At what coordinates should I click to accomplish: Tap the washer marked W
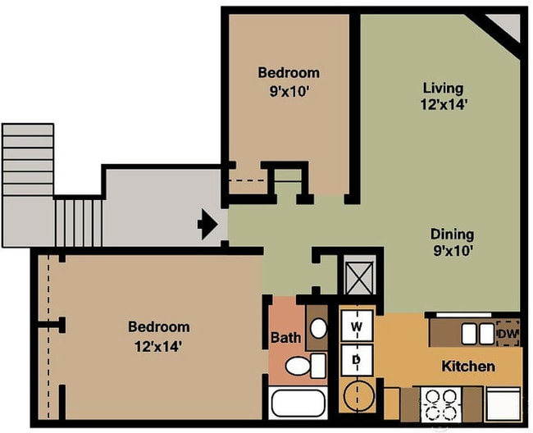click(357, 326)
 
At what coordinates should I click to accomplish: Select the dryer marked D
click(357, 358)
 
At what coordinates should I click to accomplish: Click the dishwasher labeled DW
click(507, 333)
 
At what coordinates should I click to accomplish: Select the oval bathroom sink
click(318, 329)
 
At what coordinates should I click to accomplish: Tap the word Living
click(443, 88)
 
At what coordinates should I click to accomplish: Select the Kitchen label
click(468, 366)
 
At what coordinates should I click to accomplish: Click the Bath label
click(285, 337)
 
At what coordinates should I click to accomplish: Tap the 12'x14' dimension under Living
click(443, 104)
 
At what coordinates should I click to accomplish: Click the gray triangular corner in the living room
click(508, 25)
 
